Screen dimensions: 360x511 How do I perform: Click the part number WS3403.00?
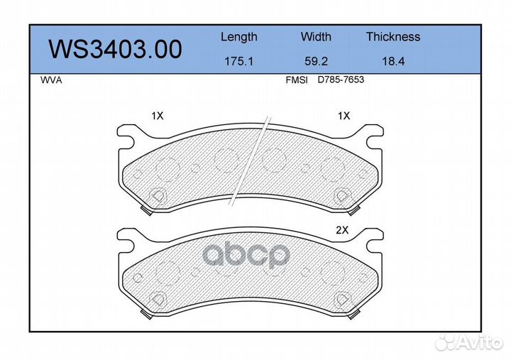click(114, 50)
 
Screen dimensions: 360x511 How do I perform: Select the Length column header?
click(238, 37)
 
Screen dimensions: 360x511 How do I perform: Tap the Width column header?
click(316, 37)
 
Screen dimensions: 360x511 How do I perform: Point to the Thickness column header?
click(392, 37)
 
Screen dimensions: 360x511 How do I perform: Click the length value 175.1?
click(238, 62)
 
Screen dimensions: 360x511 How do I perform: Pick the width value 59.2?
click(316, 62)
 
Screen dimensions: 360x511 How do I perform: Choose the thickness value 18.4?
click(392, 62)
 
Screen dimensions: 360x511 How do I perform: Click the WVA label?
click(52, 80)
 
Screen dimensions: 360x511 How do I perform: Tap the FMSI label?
click(296, 80)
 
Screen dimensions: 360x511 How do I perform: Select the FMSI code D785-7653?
click(341, 80)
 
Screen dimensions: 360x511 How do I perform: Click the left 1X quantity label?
click(157, 115)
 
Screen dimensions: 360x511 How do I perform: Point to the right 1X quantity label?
click(344, 115)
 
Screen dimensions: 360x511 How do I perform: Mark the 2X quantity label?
click(344, 230)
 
